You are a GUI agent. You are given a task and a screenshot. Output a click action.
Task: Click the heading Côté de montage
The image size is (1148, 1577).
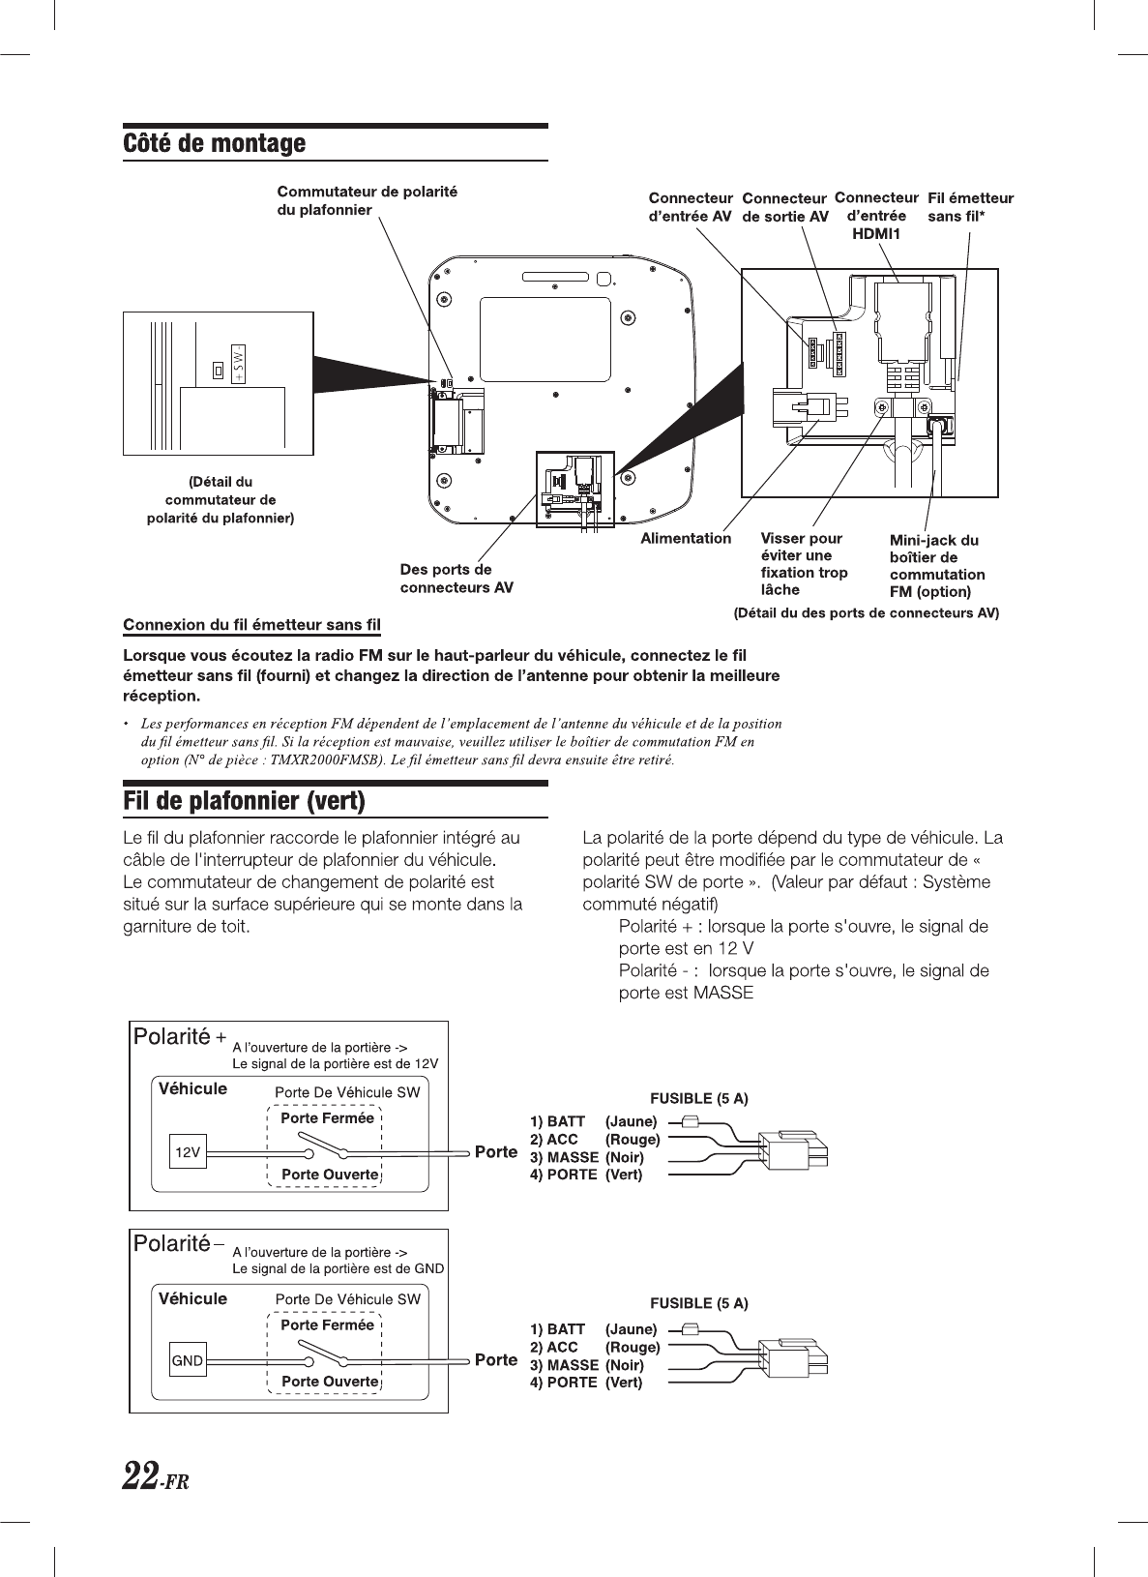(x=214, y=144)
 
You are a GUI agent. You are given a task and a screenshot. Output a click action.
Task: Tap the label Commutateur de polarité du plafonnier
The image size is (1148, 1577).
(x=367, y=200)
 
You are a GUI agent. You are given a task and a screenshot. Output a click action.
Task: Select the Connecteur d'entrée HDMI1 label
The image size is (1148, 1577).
(x=875, y=216)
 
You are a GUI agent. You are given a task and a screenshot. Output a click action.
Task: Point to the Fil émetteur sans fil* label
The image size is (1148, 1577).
(x=970, y=207)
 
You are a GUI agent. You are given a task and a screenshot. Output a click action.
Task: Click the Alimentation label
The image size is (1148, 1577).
(x=686, y=538)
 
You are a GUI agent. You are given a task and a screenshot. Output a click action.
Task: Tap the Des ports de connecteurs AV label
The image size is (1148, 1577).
(x=456, y=579)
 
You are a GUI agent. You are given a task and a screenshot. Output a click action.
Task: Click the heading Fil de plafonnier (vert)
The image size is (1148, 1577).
(x=244, y=802)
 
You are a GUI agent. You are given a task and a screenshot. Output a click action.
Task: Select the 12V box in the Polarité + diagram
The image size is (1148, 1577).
(x=188, y=1152)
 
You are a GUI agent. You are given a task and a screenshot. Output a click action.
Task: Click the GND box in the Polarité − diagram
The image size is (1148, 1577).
(x=188, y=1360)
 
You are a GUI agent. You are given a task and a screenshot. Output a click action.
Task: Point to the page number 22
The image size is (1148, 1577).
(x=141, y=1476)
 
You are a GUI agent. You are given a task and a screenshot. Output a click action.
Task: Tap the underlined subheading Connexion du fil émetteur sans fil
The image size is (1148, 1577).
(x=251, y=624)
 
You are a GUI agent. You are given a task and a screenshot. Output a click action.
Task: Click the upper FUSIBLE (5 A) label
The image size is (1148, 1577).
(x=698, y=1098)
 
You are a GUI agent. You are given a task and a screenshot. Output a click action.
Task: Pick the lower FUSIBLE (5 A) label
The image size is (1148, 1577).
(x=698, y=1303)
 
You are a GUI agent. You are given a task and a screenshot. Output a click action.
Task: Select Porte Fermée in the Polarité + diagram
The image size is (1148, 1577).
(x=327, y=1118)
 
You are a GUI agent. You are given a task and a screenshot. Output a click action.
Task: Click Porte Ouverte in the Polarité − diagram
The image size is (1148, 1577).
(x=330, y=1381)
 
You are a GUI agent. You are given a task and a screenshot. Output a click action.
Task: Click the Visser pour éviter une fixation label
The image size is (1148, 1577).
(x=804, y=564)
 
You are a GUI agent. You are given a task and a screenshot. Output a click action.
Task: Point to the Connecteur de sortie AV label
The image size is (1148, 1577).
(x=784, y=208)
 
